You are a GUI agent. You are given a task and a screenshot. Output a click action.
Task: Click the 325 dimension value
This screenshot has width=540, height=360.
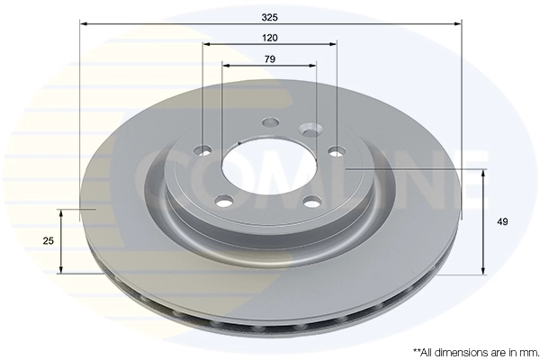[270, 17]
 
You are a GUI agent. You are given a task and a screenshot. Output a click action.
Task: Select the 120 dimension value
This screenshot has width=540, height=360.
[270, 38]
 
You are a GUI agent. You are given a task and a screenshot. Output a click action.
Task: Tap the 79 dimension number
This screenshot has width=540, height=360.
[270, 59]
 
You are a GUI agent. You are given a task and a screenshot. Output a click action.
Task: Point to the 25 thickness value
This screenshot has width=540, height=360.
[49, 241]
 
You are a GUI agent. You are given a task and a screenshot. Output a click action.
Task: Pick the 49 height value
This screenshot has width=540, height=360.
[502, 222]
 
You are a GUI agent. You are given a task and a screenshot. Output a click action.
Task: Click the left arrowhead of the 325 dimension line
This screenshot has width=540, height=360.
[84, 23]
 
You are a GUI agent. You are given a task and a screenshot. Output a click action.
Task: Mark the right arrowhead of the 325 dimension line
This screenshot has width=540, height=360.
[456, 23]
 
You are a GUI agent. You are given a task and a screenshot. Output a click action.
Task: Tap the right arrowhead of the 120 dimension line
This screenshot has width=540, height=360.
[333, 44]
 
